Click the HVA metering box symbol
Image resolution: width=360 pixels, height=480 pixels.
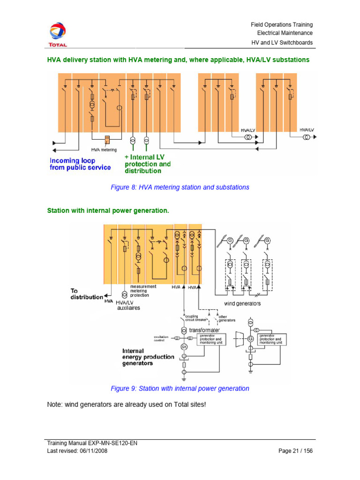pyautogui.click(x=107, y=140)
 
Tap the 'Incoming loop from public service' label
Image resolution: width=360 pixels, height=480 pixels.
pyautogui.click(x=80, y=164)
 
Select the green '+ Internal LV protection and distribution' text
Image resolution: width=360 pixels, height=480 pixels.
pyautogui.click(x=147, y=164)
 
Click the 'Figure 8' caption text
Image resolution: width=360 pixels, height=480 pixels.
pyautogui.click(x=180, y=187)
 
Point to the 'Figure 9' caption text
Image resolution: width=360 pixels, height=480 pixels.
pyautogui.click(x=180, y=389)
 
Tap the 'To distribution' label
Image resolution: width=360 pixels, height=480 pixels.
pyautogui.click(x=86, y=294)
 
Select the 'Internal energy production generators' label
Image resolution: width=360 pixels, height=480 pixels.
pyautogui.click(x=148, y=357)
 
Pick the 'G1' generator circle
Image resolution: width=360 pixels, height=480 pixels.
pyautogui.click(x=184, y=347)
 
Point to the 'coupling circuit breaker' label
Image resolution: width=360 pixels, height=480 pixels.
pyautogui.click(x=195, y=319)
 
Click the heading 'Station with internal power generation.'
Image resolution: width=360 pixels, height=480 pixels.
pyautogui.click(x=108, y=211)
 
